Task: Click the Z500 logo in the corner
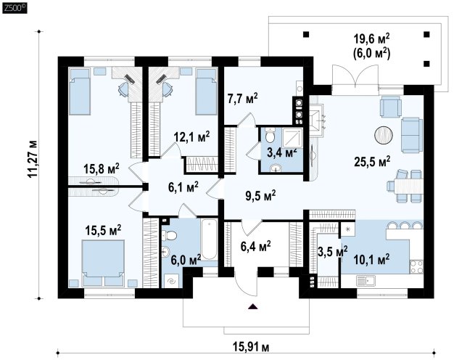click(x=15, y=7)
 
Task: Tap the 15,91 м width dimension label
click(x=251, y=346)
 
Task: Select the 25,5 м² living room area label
click(x=372, y=161)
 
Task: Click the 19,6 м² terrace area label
click(x=372, y=38)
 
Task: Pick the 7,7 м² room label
click(x=243, y=99)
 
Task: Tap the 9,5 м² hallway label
click(x=260, y=196)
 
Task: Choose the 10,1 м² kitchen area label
click(x=372, y=259)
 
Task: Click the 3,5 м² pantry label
click(x=332, y=251)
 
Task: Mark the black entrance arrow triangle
click(x=252, y=306)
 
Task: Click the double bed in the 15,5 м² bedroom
click(x=103, y=263)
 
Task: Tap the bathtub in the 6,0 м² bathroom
click(x=209, y=240)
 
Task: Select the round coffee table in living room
click(x=384, y=135)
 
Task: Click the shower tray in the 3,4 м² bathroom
click(x=292, y=138)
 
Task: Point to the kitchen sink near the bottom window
click(x=365, y=281)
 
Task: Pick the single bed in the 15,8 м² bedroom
click(x=80, y=91)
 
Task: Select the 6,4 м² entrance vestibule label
click(x=256, y=246)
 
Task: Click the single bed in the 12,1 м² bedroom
click(x=206, y=91)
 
